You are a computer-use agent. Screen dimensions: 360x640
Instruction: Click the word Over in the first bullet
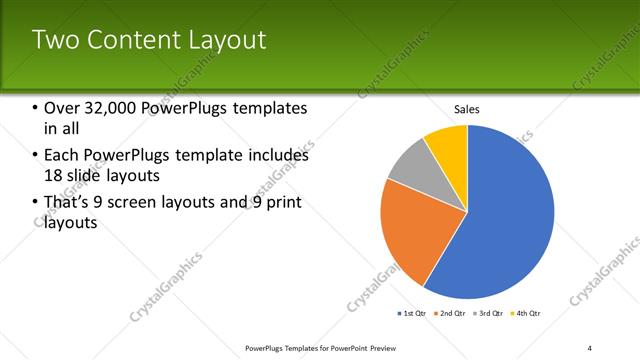(x=63, y=108)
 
